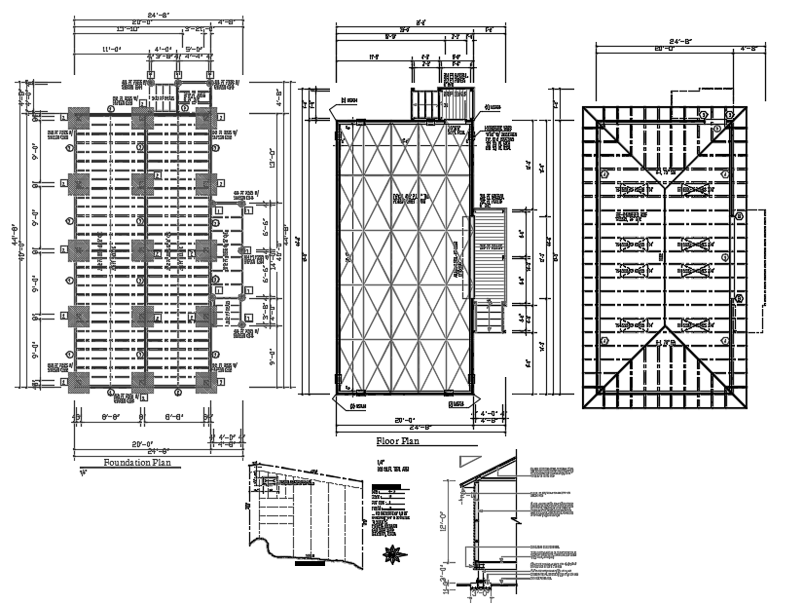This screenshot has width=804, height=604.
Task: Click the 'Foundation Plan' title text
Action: pos(137,463)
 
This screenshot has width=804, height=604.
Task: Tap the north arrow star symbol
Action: pos(394,556)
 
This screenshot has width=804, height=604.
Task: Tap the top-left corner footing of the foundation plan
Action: pos(78,120)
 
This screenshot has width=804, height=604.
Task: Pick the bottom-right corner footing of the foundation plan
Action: pos(206,381)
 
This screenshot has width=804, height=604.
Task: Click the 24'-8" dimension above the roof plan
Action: pos(664,40)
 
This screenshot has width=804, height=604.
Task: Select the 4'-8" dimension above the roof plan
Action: pos(749,48)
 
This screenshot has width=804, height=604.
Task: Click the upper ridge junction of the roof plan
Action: pos(664,171)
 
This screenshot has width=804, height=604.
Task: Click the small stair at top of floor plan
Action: pos(428,103)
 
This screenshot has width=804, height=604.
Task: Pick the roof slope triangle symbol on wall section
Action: pos(471,457)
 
